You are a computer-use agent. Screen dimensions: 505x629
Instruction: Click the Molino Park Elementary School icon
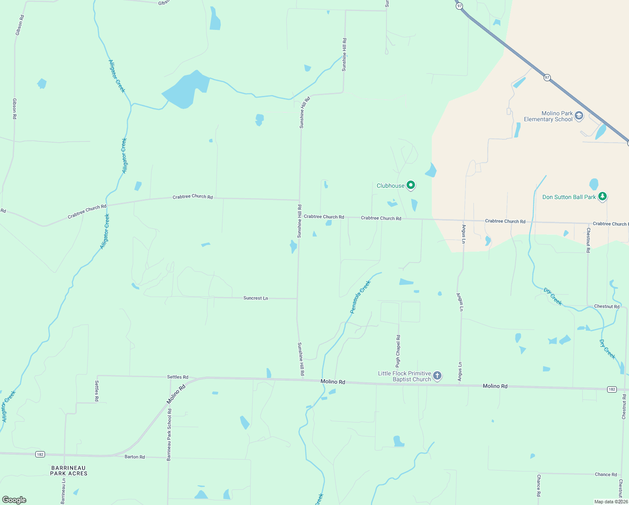click(579, 116)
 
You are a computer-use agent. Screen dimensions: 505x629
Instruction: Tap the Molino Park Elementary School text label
click(548, 117)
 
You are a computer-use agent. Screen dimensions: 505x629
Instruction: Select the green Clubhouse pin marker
click(411, 185)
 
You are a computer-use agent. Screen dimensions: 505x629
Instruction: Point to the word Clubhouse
click(390, 186)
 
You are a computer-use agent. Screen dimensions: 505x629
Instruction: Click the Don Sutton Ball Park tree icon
click(603, 197)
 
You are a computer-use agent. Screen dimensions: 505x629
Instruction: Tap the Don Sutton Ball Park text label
click(569, 197)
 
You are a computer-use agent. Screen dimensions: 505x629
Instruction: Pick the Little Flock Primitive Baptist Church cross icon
click(437, 375)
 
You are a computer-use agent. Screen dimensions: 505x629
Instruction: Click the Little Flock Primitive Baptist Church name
click(404, 376)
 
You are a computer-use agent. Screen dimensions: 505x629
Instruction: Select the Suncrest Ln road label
click(256, 298)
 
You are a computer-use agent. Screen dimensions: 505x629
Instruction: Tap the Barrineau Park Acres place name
click(69, 470)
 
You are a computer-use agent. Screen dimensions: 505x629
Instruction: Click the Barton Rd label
click(135, 457)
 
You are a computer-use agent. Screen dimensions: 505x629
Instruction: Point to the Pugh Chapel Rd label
click(398, 351)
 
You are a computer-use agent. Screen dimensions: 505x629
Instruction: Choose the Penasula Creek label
click(360, 297)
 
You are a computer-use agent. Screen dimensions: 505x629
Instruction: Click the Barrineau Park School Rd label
click(169, 434)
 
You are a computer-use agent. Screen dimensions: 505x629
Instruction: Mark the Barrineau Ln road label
click(63, 491)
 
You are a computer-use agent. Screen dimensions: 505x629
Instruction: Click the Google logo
click(14, 500)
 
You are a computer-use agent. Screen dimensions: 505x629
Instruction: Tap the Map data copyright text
click(611, 502)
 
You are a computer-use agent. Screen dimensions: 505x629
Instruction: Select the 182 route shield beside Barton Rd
click(40, 454)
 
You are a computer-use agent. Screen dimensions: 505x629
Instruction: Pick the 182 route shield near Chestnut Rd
click(612, 389)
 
